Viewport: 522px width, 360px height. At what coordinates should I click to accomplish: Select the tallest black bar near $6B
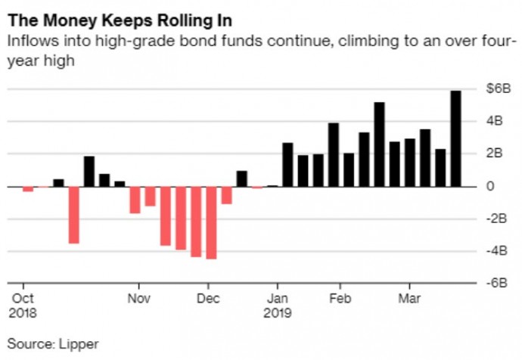455,138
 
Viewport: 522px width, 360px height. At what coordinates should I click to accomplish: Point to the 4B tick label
495,121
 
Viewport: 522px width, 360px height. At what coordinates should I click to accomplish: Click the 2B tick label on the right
495,154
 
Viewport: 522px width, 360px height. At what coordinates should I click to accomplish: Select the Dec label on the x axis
207,297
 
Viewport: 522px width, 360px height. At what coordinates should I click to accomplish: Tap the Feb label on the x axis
340,297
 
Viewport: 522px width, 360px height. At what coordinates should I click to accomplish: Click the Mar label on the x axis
410,297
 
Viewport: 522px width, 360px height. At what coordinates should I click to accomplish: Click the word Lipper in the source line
79,343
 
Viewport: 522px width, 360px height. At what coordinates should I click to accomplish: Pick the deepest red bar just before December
211,222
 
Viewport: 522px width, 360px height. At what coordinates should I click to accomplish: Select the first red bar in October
28,189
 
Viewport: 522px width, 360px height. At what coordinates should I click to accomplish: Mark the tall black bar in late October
89,171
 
